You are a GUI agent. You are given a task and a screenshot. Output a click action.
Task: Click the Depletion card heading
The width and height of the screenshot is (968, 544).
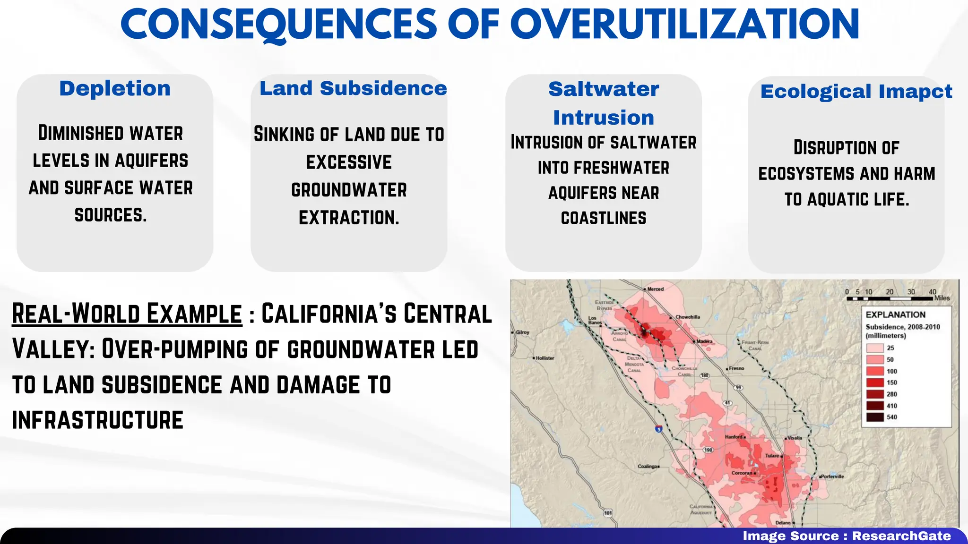click(x=115, y=88)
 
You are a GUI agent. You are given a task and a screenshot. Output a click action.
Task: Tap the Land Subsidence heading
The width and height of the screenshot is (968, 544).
click(x=353, y=88)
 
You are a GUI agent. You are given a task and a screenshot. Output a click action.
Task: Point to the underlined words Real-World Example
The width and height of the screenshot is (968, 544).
click(x=127, y=314)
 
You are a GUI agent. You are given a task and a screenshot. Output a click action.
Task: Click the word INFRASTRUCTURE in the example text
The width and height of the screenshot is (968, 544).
click(x=97, y=420)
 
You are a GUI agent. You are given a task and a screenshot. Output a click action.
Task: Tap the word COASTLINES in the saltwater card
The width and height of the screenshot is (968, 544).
click(x=604, y=218)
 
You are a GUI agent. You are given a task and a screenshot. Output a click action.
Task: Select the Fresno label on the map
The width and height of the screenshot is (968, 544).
click(x=736, y=368)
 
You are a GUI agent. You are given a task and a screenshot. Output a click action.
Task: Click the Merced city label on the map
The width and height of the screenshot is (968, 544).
click(x=655, y=289)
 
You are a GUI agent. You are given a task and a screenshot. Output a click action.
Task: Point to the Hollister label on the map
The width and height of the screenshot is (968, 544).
click(x=544, y=358)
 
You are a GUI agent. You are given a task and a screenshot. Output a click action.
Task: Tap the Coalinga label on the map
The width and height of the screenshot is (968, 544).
click(x=648, y=466)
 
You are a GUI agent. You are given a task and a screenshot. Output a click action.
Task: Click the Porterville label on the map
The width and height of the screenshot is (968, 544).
click(x=832, y=476)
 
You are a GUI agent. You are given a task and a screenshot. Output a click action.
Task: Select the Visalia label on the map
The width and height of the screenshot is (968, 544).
click(x=795, y=438)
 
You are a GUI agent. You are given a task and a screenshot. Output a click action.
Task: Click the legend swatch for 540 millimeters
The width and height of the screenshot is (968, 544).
click(x=874, y=417)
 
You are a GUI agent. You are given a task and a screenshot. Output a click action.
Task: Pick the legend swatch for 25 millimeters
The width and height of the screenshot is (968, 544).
click(x=874, y=348)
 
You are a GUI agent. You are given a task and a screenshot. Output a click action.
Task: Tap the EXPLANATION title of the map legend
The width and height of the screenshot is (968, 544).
click(x=895, y=314)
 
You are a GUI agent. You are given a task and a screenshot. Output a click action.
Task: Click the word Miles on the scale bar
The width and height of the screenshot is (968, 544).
click(x=942, y=298)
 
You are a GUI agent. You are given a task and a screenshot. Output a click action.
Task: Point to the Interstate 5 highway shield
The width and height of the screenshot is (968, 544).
click(x=658, y=429)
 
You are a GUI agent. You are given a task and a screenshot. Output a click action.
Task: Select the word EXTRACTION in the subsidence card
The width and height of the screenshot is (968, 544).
click(x=349, y=218)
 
